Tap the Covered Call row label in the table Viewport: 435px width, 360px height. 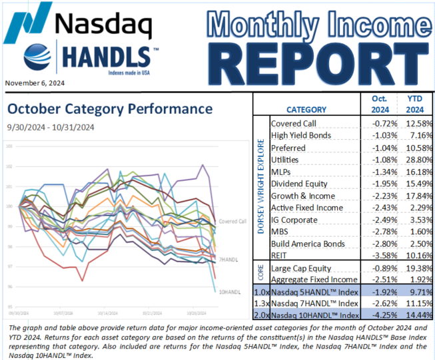point(294,124)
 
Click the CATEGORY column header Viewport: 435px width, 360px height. point(306,110)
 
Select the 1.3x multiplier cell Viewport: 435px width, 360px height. point(261,304)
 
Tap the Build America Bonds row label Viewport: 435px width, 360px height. point(308,244)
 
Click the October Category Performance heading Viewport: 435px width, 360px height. point(109,109)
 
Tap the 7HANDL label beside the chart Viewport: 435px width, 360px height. point(228,258)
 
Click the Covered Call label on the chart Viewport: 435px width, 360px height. point(232,220)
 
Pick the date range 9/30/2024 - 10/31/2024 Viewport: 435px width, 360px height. point(51,126)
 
